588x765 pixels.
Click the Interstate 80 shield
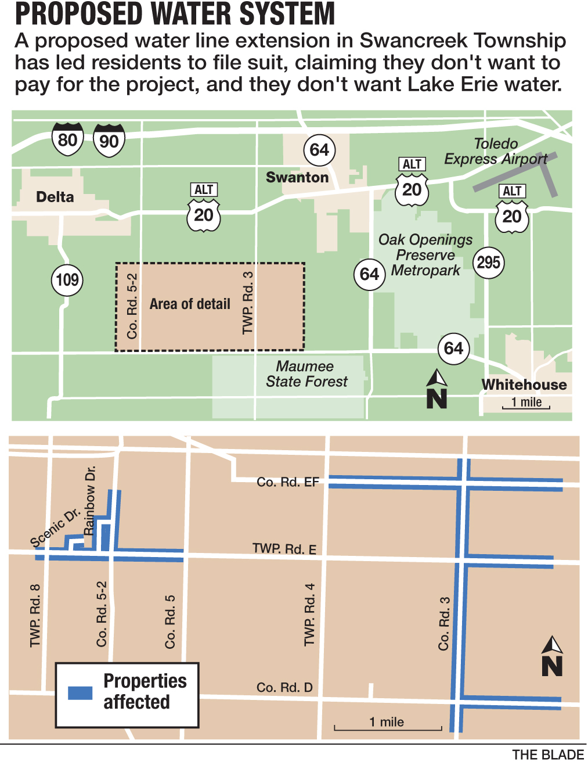pos(68,139)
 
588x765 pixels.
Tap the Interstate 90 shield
pos(109,141)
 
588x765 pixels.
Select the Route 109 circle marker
pos(67,280)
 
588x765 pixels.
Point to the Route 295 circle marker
pos(488,262)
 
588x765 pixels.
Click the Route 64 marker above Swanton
pos(319,150)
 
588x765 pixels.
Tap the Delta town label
pos(55,197)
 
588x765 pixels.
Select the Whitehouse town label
pos(524,385)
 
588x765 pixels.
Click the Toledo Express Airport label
pos(496,151)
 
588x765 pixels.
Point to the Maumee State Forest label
pos(306,374)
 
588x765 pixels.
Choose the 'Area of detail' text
pos(190,304)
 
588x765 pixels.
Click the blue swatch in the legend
pos(80,692)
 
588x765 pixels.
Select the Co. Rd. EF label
pos(288,482)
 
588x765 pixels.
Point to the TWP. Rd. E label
pos(284,549)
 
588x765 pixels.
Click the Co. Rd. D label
pos(284,687)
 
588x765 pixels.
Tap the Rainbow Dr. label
pos(89,500)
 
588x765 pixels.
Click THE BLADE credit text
pos(547,755)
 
